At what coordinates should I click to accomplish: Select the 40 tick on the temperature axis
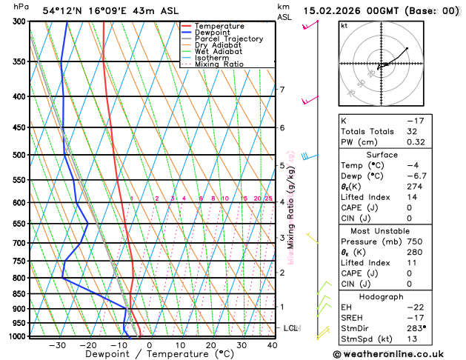pos(272,344)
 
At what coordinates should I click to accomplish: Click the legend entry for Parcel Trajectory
pos(228,39)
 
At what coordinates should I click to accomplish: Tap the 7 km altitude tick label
pos(282,90)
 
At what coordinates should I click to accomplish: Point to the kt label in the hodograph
pos(344,26)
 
